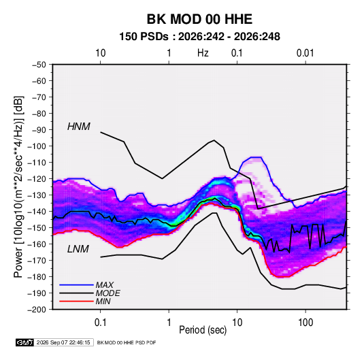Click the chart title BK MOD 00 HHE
pos(199,19)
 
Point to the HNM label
pos(79,127)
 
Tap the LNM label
pos(78,249)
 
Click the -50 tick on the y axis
pos(39,65)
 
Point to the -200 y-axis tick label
pos(37,310)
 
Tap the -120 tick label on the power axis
pos(37,179)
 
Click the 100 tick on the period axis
pos(305,323)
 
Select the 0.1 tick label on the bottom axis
pos(100,323)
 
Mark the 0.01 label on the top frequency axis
pos(305,53)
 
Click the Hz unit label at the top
pos(203,53)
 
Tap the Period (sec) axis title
pos(203,330)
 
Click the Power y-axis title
pos(18,187)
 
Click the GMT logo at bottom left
pos(25,342)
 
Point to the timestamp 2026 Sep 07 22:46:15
pos(63,342)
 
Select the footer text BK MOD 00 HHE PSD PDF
pos(127,342)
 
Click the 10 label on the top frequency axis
pos(101,53)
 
